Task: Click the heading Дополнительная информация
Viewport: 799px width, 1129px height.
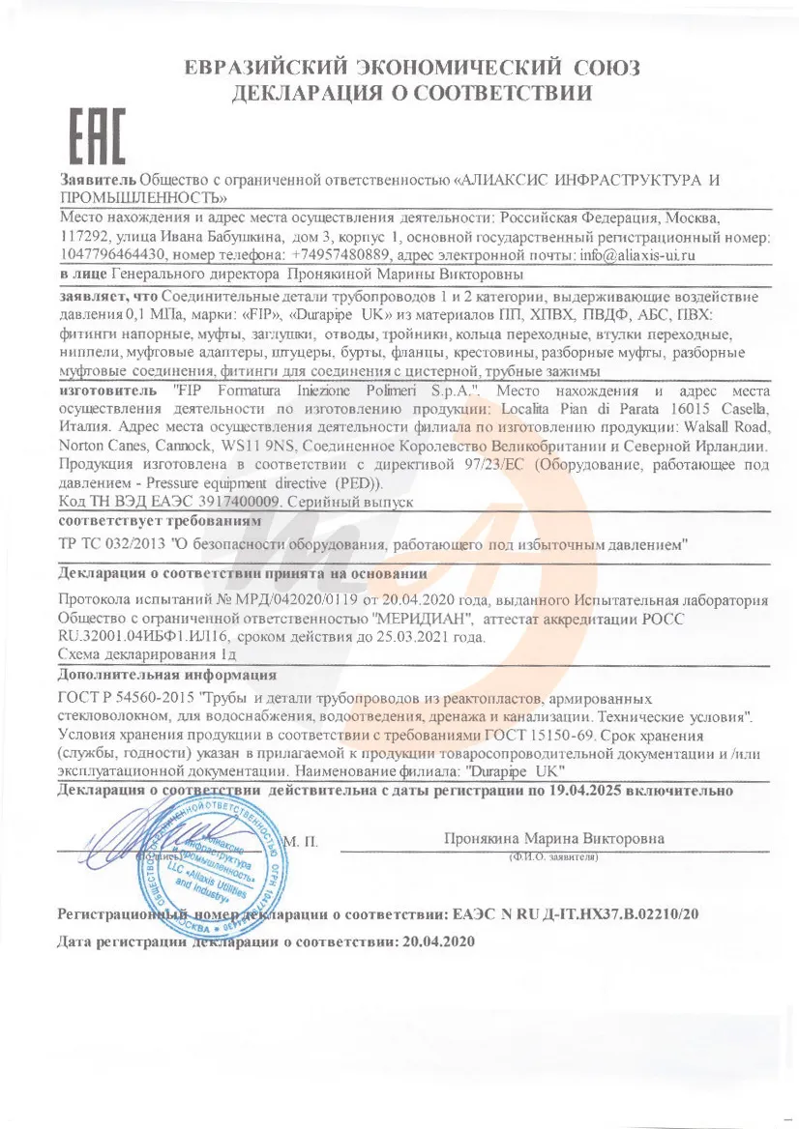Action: coord(167,674)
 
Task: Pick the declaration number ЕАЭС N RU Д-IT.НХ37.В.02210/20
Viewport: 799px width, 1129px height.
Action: coord(575,912)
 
